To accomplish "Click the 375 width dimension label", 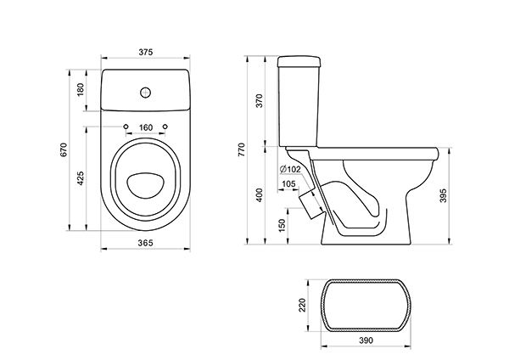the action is coord(145,52).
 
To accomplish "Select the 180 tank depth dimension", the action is coord(81,89).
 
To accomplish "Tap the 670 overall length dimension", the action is coord(64,149).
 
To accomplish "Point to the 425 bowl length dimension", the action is coord(81,178).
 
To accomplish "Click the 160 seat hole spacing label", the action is coord(146,127).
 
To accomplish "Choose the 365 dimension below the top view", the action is coord(145,243).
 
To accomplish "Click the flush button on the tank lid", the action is coord(146,93).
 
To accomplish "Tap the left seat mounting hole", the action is coord(126,127).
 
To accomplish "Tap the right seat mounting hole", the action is coord(165,127).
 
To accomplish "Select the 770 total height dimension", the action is coord(242,149).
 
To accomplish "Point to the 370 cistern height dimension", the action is coord(260,101).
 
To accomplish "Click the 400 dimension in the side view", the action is coord(260,195).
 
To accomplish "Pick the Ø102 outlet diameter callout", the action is coord(290,169).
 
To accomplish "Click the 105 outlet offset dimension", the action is coord(288,184).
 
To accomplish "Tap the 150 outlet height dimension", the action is coord(282,225).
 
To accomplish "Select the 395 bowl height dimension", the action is coord(444,195).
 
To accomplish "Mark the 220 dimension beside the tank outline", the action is coord(302,305).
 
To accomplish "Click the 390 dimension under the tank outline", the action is coord(366,340).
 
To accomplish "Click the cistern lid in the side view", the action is coord(299,62).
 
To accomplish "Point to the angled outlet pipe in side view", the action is coord(310,204).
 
